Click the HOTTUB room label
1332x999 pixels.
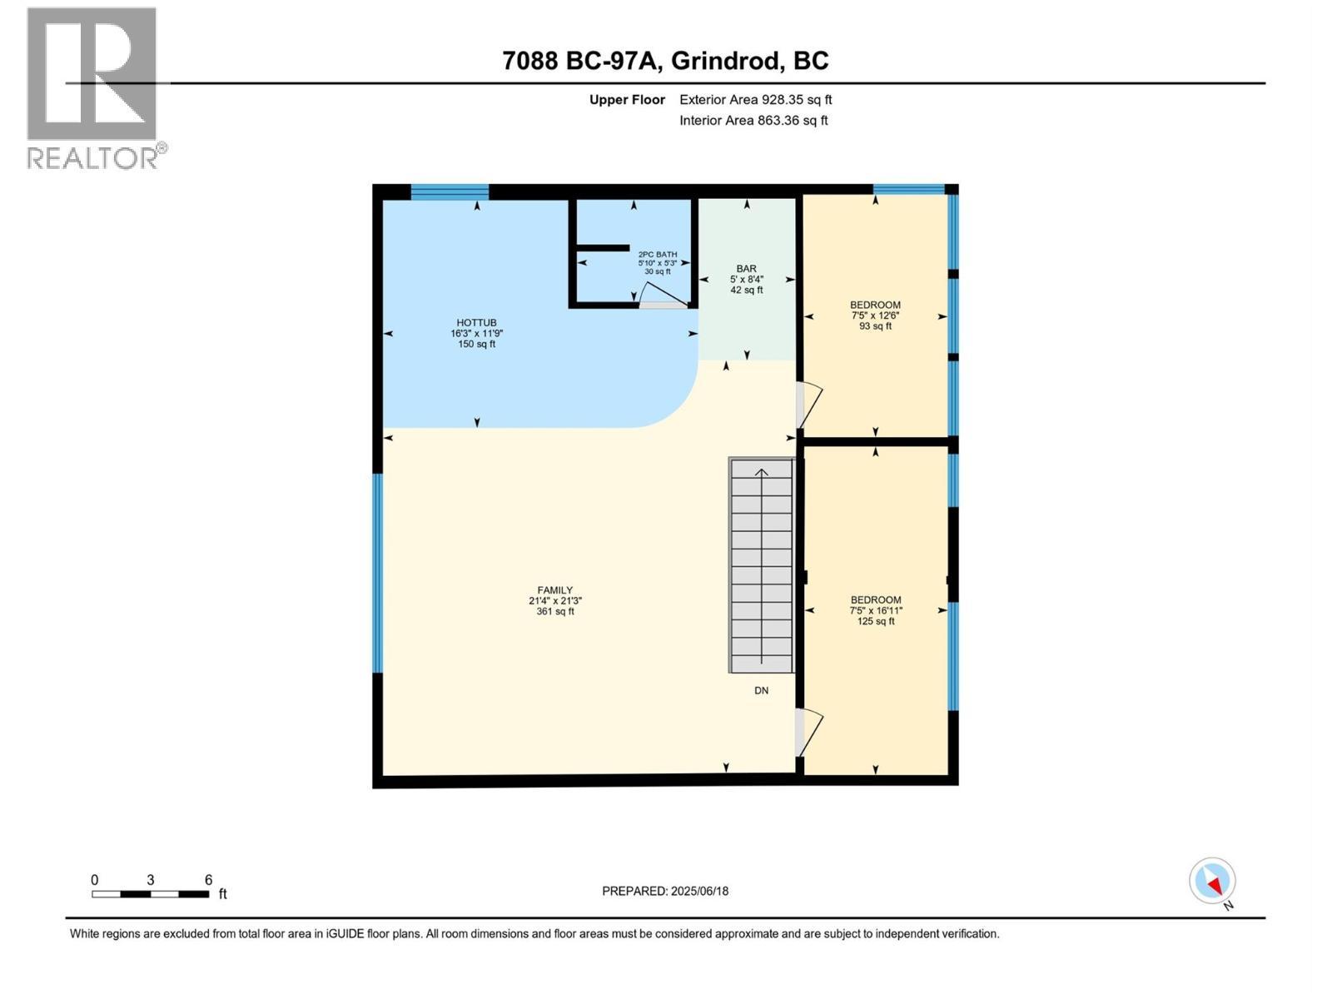476,333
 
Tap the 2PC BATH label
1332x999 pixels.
658,262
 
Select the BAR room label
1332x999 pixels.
746,279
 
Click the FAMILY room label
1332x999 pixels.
555,600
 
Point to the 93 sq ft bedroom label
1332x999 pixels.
875,316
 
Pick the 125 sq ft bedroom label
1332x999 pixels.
876,610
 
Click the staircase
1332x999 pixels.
762,566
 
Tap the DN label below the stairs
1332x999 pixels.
761,690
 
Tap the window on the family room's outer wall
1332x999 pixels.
377,572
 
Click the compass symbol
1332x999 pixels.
1212,881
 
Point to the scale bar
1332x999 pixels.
151,894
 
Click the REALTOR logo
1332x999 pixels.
93,87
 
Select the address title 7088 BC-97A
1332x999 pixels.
665,61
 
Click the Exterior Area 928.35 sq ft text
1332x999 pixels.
755,100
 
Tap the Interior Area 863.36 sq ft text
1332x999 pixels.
753,120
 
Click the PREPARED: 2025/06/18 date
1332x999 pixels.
665,891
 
